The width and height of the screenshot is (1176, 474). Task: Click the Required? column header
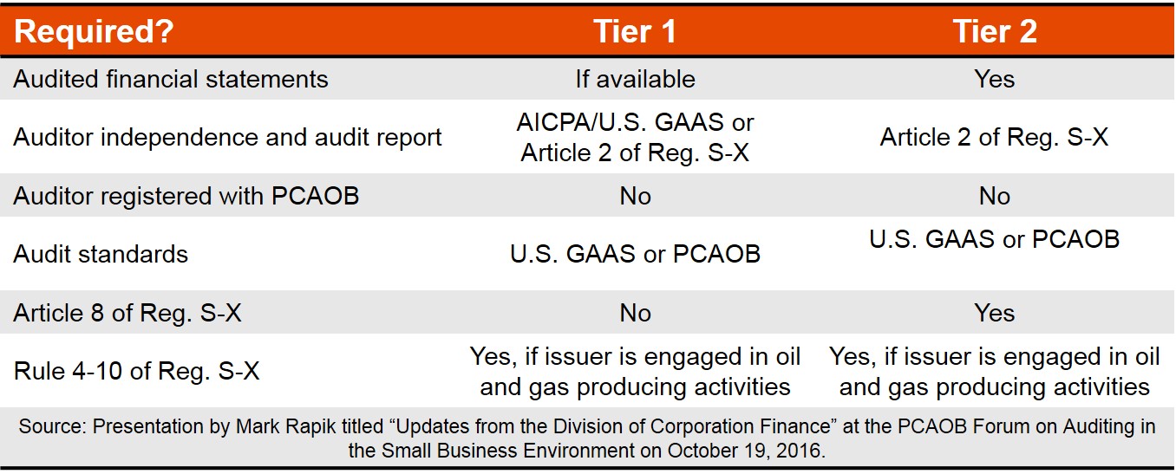94,31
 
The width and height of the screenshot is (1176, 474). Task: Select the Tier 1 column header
635,31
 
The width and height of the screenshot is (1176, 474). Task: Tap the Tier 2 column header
995,31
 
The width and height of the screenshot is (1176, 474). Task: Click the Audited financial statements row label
171,79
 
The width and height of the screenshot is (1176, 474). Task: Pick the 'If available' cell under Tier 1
635,79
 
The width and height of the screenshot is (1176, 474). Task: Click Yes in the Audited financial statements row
995,79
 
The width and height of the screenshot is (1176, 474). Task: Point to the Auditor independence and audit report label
227,138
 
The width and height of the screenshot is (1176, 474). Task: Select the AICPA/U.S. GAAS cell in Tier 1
635,138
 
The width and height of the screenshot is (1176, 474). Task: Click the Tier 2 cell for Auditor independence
995,138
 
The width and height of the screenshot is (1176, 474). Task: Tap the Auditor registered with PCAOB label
186,196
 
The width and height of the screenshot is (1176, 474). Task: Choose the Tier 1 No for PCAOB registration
635,196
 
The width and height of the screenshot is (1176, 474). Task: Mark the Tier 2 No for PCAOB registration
995,196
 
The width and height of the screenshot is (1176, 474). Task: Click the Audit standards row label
101,254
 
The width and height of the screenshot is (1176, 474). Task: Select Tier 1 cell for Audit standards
635,254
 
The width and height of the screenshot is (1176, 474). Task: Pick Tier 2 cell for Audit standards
995,240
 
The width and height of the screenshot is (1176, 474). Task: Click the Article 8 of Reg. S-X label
127,313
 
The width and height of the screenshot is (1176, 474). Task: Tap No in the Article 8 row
635,313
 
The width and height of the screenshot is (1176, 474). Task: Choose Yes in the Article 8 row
995,313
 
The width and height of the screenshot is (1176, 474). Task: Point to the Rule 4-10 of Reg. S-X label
136,371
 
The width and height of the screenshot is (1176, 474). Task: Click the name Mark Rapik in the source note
285,426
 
